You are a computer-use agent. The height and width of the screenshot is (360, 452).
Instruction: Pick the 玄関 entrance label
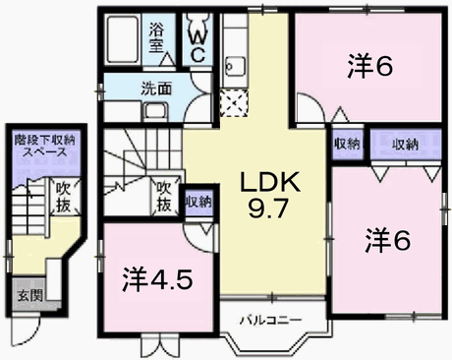pos(28,294)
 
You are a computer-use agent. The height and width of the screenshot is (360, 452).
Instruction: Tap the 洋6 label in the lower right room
pos(387,238)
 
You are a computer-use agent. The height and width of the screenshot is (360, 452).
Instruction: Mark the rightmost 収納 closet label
pos(406,145)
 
